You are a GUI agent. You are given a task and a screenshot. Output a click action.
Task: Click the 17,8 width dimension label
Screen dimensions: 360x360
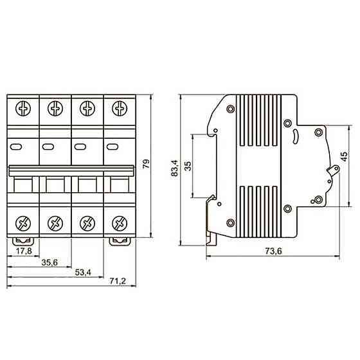point(23,251)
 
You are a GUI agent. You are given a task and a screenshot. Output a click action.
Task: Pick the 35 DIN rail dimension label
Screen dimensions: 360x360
point(188,166)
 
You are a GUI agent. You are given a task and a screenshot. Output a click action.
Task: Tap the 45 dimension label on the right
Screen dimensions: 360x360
point(345,156)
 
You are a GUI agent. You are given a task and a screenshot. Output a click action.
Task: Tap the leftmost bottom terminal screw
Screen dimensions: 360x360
point(23,224)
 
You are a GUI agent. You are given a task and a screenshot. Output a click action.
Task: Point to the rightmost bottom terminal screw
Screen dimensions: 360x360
point(118,224)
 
